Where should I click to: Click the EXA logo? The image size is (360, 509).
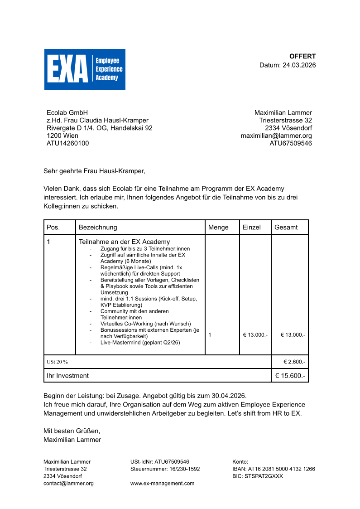pyautogui.click(x=85, y=69)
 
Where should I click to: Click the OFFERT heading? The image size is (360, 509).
pyautogui.click(x=302, y=56)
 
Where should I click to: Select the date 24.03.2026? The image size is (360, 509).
pyautogui.click(x=299, y=65)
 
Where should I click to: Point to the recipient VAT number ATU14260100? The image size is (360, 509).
pyautogui.click(x=68, y=143)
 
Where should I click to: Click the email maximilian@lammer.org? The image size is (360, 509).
pyautogui.click(x=276, y=136)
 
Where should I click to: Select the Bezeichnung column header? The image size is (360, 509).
pyautogui.click(x=98, y=227)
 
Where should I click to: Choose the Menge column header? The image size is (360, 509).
pyautogui.click(x=218, y=227)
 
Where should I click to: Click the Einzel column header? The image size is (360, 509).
pyautogui.click(x=252, y=227)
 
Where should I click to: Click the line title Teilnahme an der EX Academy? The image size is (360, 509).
pyautogui.click(x=125, y=242)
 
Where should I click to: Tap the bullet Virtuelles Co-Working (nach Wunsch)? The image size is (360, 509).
pyautogui.click(x=146, y=324)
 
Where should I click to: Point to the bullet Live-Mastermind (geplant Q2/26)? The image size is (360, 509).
pyautogui.click(x=140, y=343)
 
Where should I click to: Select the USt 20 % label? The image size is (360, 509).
pyautogui.click(x=57, y=362)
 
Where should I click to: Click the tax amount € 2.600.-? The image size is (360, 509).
pyautogui.click(x=294, y=362)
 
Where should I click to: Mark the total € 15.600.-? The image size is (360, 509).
pyautogui.click(x=290, y=375)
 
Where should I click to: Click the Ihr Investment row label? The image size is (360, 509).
pyautogui.click(x=68, y=375)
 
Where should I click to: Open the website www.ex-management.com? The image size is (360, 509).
pyautogui.click(x=162, y=483)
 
